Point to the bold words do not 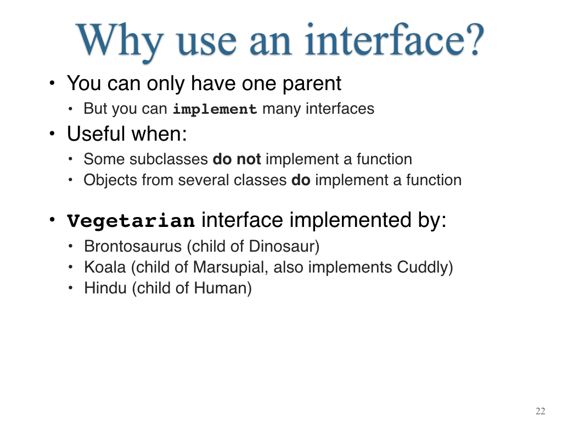(x=237, y=159)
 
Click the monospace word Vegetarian (x=131, y=220)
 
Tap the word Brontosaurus (x=133, y=247)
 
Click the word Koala (x=105, y=268)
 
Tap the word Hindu (x=105, y=288)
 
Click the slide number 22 (x=541, y=411)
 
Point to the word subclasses (x=168, y=159)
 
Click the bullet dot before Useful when (x=52, y=134)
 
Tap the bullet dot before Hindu (x=71, y=288)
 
